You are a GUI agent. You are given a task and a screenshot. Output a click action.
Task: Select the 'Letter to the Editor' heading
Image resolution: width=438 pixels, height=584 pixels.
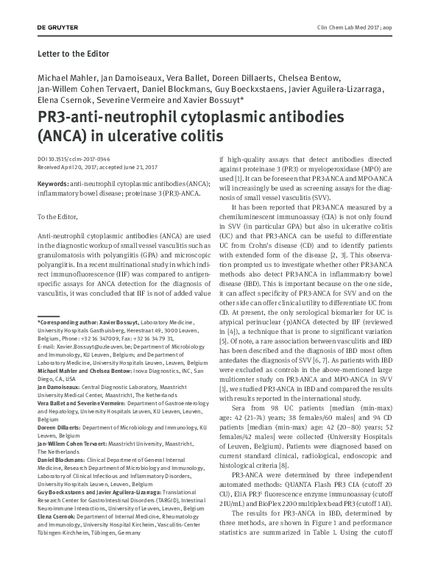tap(73, 54)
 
